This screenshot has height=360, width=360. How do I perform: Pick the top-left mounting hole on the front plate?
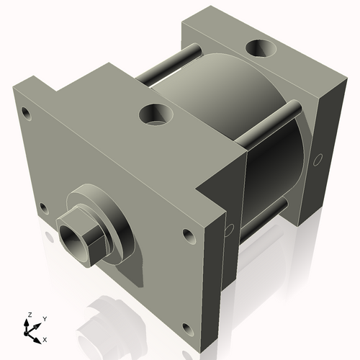coord(27,113)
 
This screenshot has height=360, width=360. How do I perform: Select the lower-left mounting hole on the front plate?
coord(43,209)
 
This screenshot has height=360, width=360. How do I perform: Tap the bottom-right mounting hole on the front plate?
coord(187,330)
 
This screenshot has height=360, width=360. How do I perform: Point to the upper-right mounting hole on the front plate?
coord(188,235)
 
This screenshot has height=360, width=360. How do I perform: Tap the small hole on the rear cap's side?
coord(315,160)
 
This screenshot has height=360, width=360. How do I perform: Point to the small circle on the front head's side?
coord(229,230)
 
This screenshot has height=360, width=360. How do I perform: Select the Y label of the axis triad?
coord(45,318)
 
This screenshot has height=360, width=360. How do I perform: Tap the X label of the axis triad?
coord(45,338)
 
